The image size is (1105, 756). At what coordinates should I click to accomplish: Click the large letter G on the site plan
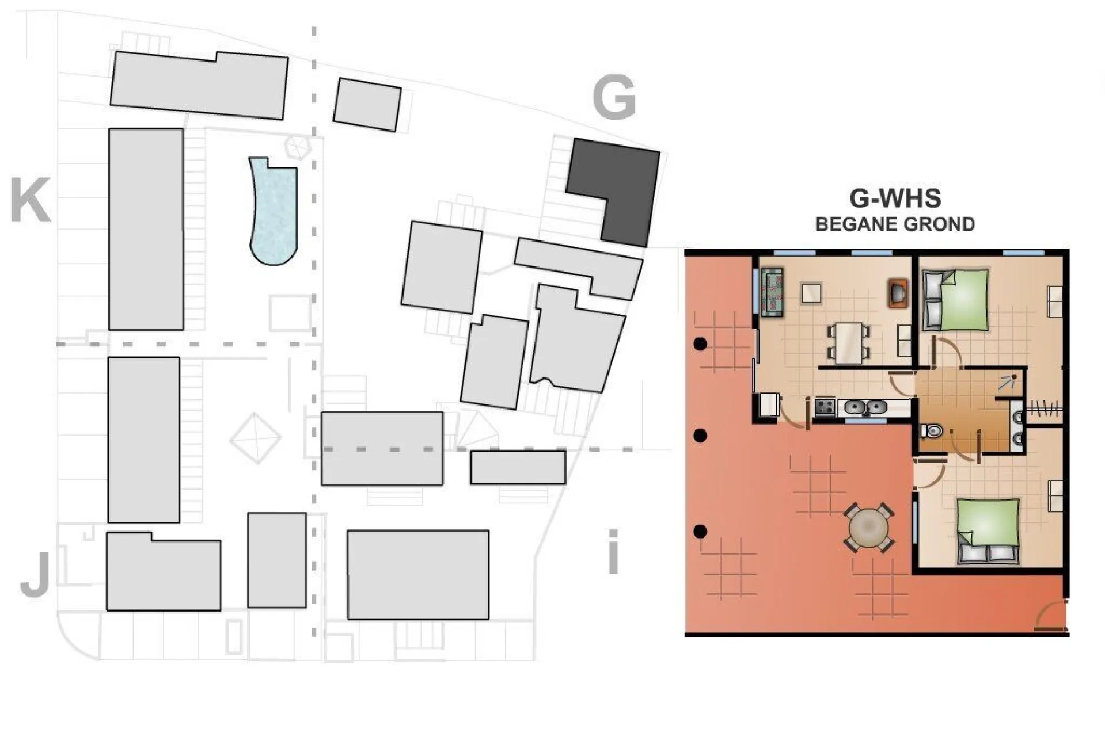pos(614,98)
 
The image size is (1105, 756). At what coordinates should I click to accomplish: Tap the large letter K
pos(30,200)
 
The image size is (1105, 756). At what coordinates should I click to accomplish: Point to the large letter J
pos(35,575)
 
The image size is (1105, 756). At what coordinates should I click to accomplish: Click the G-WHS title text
pos(895,198)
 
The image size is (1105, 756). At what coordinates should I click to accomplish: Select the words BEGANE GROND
pos(895,224)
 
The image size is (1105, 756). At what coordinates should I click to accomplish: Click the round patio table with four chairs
pos(869,527)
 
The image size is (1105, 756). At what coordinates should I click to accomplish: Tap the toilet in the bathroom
pos(931,430)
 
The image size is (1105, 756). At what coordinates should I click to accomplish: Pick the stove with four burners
pos(825,407)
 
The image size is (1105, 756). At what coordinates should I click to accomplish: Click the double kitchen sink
pos(865,407)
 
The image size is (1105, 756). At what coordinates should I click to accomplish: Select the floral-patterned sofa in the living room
pos(772,293)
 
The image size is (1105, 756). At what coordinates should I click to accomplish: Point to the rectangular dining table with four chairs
pos(849,342)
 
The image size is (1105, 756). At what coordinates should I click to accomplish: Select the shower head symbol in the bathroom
pos(1008,381)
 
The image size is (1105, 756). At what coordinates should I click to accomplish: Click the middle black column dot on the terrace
pos(700,436)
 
